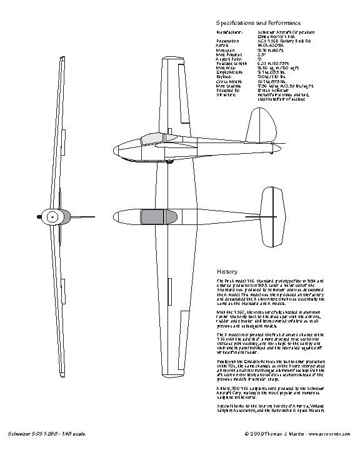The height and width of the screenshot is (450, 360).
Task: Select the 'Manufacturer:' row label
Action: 229,31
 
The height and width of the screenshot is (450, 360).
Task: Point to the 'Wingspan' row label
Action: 226,50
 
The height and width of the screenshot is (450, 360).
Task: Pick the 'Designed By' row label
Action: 227,90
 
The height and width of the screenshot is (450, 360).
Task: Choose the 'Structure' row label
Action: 226,95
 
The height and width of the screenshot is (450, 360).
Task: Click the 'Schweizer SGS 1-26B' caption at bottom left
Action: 43,433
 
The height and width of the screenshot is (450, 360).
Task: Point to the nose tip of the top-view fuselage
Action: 113,218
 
